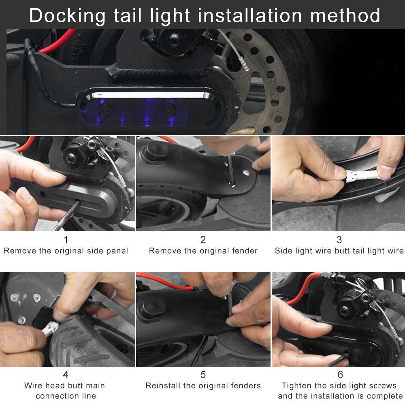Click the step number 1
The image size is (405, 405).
coord(66,240)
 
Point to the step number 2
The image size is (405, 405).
coord(203,240)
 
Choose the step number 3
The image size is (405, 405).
coord(339,240)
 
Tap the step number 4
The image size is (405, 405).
coord(66,374)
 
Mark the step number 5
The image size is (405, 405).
coord(203,374)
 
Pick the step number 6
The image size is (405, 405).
coord(340,374)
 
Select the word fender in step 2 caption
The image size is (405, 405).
coord(244,251)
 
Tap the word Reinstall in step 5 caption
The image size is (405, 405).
coord(162,386)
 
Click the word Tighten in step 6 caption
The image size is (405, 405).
coord(296,386)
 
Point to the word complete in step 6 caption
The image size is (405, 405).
coord(383,396)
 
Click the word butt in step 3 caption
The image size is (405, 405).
coord(343,251)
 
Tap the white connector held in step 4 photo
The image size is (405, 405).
coord(50,327)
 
